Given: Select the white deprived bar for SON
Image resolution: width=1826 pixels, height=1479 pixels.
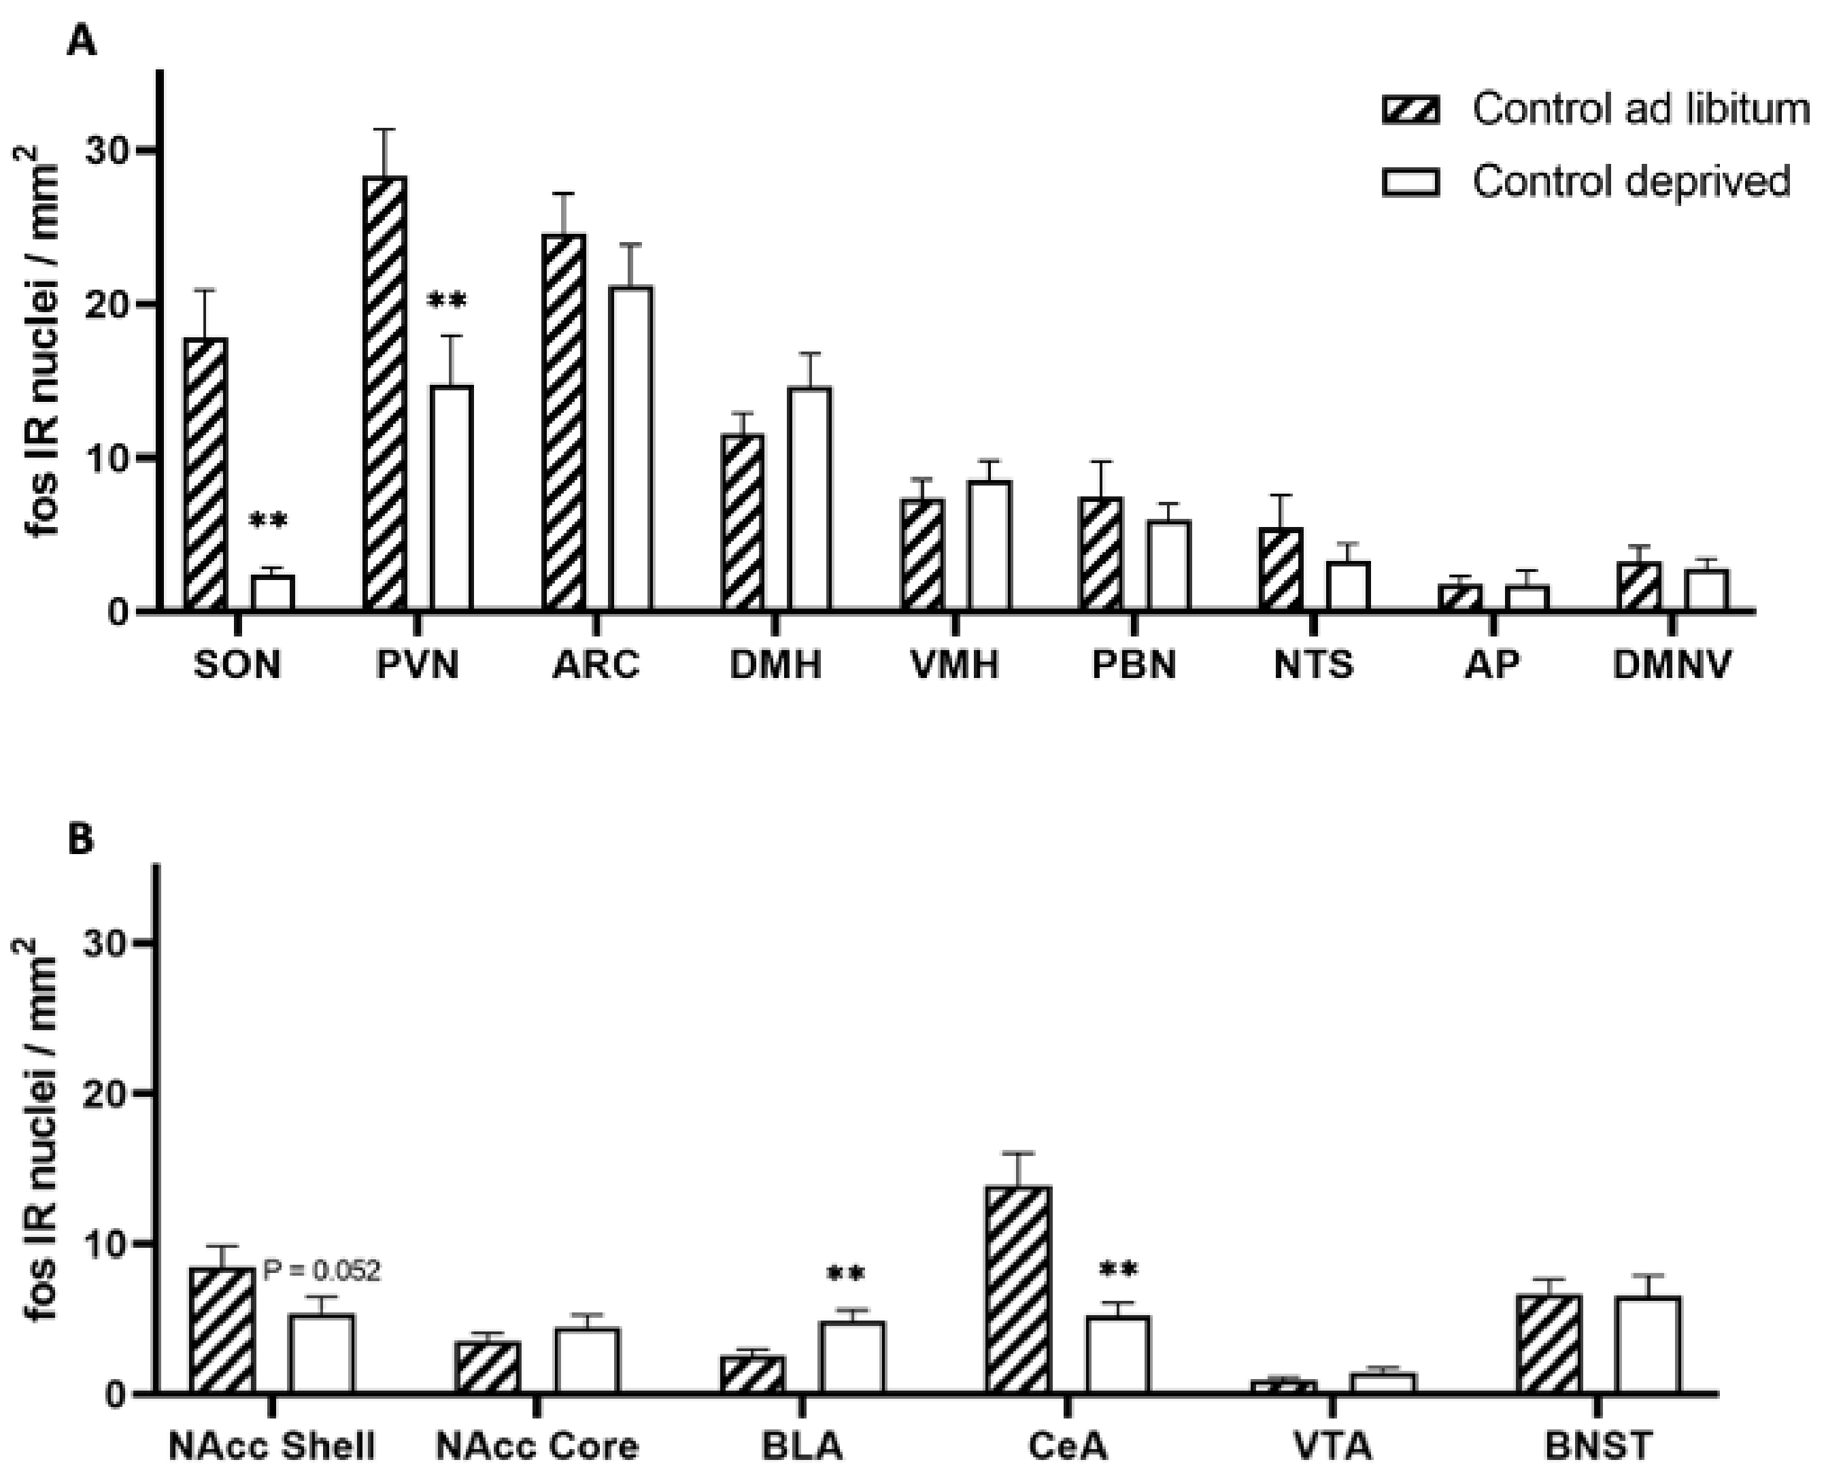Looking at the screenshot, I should [273, 593].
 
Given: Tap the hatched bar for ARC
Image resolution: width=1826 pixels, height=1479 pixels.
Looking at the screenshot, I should [564, 422].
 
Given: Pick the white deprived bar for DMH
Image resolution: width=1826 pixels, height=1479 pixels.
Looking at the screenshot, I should [809, 499].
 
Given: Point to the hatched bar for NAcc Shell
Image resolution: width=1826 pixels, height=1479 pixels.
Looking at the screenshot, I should [223, 1330].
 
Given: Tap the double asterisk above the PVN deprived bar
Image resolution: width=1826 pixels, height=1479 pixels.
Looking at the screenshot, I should [447, 302].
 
